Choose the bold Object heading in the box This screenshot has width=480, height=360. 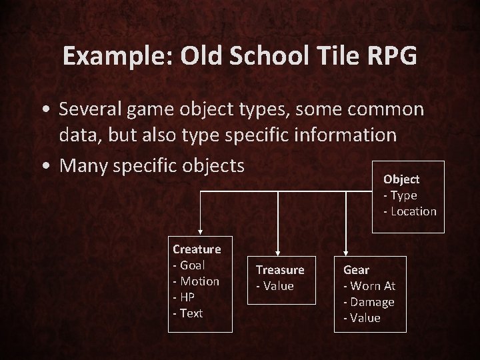click(x=401, y=179)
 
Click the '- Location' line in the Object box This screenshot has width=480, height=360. click(x=409, y=211)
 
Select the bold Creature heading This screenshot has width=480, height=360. click(x=197, y=249)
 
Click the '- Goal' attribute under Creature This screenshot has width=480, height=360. click(x=189, y=265)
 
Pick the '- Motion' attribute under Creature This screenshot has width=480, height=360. click(x=196, y=281)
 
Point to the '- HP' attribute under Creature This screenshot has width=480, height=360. click(x=184, y=297)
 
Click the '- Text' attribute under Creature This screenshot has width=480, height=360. click(x=187, y=313)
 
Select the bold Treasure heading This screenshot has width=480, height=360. click(x=280, y=270)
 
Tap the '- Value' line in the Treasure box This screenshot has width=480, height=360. click(x=275, y=286)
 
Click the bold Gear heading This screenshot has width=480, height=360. click(x=356, y=270)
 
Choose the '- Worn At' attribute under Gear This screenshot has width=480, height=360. click(x=369, y=286)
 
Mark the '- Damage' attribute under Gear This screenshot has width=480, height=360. click(x=369, y=302)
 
